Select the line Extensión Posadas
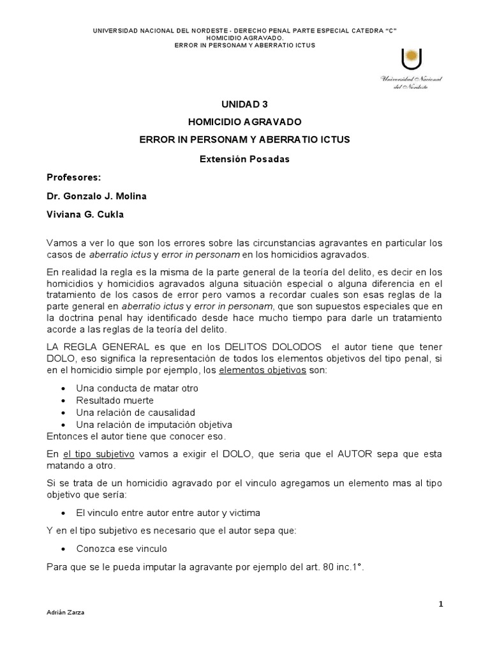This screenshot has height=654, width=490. coord(246,159)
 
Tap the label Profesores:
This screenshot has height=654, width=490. coord(74,177)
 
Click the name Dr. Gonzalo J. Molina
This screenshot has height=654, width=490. coord(101,196)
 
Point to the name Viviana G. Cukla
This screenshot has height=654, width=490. coord(85,215)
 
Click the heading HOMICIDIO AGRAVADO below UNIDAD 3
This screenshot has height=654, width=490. coord(246,121)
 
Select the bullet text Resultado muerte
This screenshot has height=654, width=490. coord(115,400)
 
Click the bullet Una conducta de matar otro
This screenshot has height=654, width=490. coord(137,388)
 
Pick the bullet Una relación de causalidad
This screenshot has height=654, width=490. coord(135,412)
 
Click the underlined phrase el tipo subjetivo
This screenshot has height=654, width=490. coord(98,453)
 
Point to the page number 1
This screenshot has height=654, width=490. coord(440,605)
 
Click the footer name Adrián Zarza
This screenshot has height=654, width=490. coord(66,612)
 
